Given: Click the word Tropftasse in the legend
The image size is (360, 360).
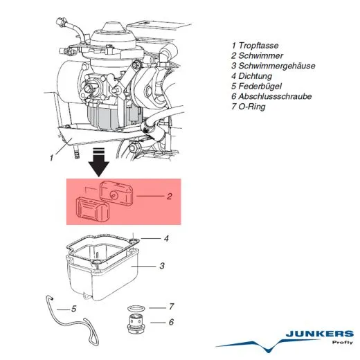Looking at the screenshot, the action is pos(258,46).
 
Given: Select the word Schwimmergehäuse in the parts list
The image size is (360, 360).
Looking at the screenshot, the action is pos(277,66).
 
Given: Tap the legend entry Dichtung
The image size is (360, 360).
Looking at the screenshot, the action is pos(255,76).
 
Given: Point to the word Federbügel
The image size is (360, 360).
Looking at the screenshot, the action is pos(260,86).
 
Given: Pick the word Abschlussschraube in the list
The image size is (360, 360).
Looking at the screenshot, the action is pos(275,96).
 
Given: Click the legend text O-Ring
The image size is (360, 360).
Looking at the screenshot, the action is pos(252,107).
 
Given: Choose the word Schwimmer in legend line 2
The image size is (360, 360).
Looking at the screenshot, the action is pos(260,55).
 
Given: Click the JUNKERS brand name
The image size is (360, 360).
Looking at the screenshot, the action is pos(319,334).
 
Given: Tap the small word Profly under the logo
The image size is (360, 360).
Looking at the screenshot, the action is pos(343,342).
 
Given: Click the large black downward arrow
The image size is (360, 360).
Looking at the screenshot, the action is pos(99,163).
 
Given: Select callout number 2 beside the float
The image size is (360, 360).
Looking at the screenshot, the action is pos(170,196).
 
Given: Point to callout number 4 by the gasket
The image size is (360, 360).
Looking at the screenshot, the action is pos(166,238).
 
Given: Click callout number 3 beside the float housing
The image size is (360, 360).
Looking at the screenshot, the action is pos(162,266).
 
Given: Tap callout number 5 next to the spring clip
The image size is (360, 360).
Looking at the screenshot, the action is pos(73,309).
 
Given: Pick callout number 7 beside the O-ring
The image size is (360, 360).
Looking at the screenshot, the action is pos(171,307).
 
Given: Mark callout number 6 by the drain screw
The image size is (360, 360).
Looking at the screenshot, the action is pos(171,322).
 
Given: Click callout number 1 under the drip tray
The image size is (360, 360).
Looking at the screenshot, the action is pos(51,158).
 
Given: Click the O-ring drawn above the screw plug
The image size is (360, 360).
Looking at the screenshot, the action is pos(136,305).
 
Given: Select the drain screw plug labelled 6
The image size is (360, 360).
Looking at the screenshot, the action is pos(136,323).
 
